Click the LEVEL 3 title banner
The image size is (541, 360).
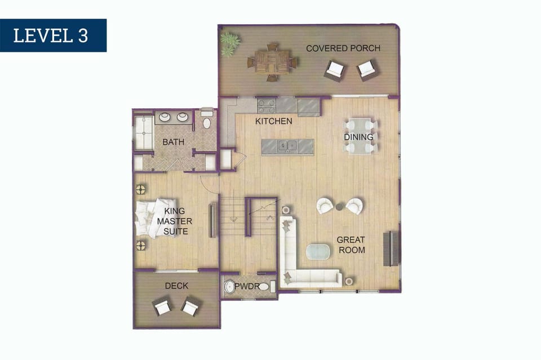[53, 35]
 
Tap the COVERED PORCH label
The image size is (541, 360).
[343, 48]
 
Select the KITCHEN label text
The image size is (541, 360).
[274, 121]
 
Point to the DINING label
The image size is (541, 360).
[358, 137]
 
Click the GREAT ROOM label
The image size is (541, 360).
[351, 245]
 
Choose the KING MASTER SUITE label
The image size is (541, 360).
[175, 221]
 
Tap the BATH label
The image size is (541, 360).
[173, 142]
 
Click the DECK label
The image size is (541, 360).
[176, 286]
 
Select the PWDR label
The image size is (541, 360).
[247, 286]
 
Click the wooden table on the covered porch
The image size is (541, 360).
[273, 62]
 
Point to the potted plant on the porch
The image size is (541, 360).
[229, 44]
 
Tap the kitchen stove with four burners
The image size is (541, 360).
[267, 105]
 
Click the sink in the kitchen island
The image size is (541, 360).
[287, 146]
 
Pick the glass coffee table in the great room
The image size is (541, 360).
[318, 251]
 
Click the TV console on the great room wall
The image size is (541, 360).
[391, 248]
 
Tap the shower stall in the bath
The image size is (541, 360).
[144, 132]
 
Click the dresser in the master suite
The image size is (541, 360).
[212, 220]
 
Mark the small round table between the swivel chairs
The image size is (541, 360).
[340, 207]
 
